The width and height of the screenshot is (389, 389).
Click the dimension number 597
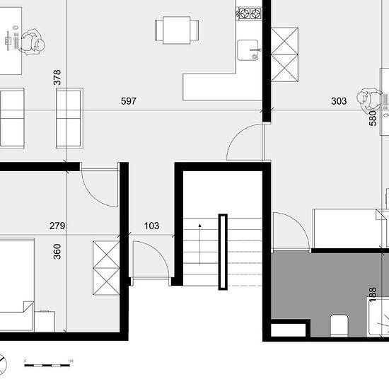point(129,101)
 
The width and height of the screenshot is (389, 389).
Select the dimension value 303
point(339,101)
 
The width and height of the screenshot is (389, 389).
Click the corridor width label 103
point(151,226)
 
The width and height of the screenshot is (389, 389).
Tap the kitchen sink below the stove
point(250,50)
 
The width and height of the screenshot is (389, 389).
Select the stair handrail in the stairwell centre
point(223,251)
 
